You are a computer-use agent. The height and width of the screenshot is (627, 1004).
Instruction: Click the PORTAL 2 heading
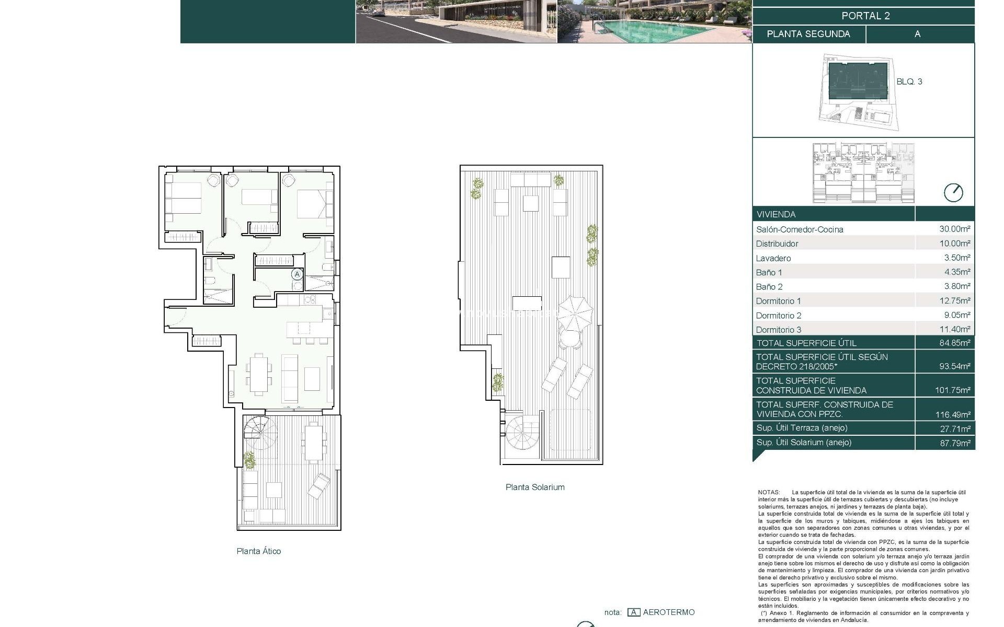pos(865,16)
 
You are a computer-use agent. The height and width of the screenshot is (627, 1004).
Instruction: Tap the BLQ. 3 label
pos(909,82)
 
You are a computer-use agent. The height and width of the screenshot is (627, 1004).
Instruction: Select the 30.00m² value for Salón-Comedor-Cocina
pos(954,229)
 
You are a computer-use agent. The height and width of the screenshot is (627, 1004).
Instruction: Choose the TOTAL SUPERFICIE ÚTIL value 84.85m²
pos(954,343)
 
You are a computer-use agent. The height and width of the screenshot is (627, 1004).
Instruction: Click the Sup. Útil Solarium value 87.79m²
pos(954,443)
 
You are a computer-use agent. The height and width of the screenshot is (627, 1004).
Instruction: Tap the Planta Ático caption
pos(258,551)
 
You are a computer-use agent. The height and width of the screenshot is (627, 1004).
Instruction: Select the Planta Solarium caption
pos(534,487)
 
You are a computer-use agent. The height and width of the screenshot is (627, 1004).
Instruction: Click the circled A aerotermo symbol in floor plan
pos(297,274)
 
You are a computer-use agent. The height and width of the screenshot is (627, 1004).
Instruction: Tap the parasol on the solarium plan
pos(575,312)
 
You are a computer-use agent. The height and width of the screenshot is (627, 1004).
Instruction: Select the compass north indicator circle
pos(953,193)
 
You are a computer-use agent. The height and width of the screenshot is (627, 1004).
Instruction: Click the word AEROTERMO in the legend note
pos(668,612)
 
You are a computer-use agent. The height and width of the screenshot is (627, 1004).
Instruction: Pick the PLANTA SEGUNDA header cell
pos(808,34)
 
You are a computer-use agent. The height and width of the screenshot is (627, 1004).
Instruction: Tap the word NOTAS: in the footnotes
pos(768,492)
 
